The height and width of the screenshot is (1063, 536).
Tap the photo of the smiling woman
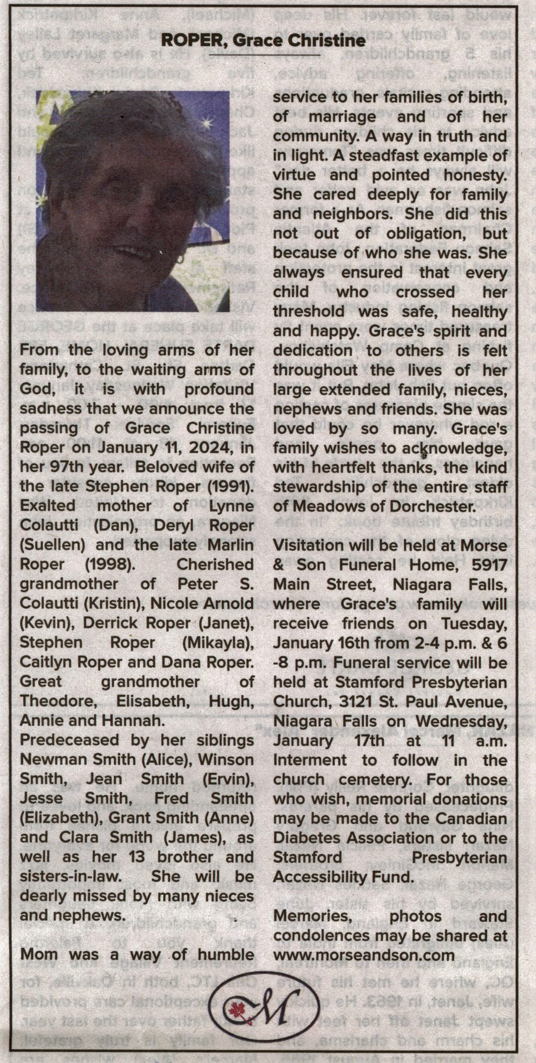click(x=133, y=201)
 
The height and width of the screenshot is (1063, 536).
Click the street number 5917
click(x=489, y=564)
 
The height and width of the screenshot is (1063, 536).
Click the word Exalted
click(x=47, y=506)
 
